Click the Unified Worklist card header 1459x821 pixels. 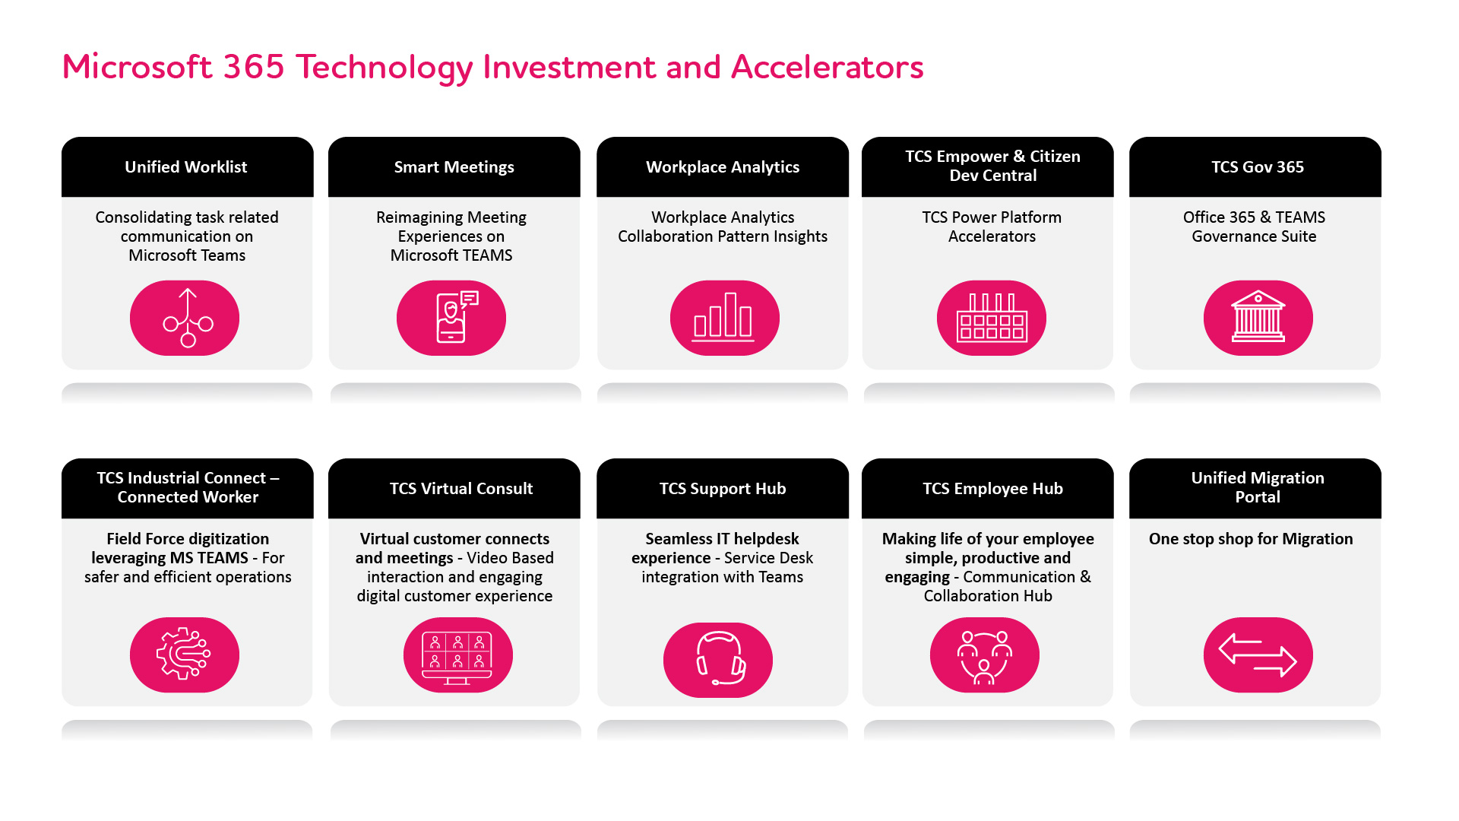pyautogui.click(x=187, y=167)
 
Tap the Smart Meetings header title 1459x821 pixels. pyautogui.click(x=454, y=167)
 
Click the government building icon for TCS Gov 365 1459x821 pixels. pyautogui.click(x=1258, y=318)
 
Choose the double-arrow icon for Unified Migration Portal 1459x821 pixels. pyautogui.click(x=1258, y=655)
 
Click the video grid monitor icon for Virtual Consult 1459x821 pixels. pyautogui.click(x=457, y=655)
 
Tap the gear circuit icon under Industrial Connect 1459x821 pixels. pyautogui.click(x=185, y=655)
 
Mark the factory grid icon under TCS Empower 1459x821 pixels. pyautogui.click(x=991, y=318)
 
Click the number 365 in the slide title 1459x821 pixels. pyautogui.click(x=254, y=67)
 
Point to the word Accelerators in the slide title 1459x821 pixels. pyautogui.click(x=827, y=67)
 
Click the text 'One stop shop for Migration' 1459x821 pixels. pyautogui.click(x=1251, y=539)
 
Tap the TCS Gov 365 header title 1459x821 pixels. pyautogui.click(x=1258, y=167)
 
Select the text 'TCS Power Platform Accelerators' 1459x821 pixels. pyautogui.click(x=992, y=227)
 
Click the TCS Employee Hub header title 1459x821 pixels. pyautogui.click(x=992, y=489)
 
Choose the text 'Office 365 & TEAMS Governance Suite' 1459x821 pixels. pyautogui.click(x=1254, y=227)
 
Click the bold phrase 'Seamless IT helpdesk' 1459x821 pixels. pyautogui.click(x=722, y=539)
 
